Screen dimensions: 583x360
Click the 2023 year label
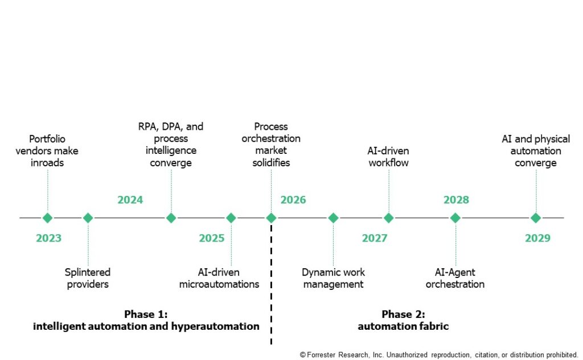(49, 238)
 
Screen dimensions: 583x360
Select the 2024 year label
(130, 200)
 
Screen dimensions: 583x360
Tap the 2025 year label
(212, 238)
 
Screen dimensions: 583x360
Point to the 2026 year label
(293, 200)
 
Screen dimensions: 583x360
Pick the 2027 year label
(375, 238)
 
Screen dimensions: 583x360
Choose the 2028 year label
(456, 200)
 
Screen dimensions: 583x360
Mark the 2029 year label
(537, 238)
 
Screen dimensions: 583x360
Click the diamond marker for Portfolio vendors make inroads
(48, 218)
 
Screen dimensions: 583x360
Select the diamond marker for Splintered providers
(88, 218)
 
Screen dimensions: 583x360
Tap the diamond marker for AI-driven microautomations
(231, 218)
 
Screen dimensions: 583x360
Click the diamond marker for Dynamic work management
(333, 218)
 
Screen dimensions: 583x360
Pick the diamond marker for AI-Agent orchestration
(455, 218)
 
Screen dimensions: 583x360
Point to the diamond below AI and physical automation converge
(536, 218)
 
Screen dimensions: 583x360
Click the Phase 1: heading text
(146, 314)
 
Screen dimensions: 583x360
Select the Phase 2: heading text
(404, 314)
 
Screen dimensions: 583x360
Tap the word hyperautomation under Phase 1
(215, 326)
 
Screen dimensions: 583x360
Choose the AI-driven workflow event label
(388, 157)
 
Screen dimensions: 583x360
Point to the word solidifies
(271, 162)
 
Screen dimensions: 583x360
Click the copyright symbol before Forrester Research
(303, 355)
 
